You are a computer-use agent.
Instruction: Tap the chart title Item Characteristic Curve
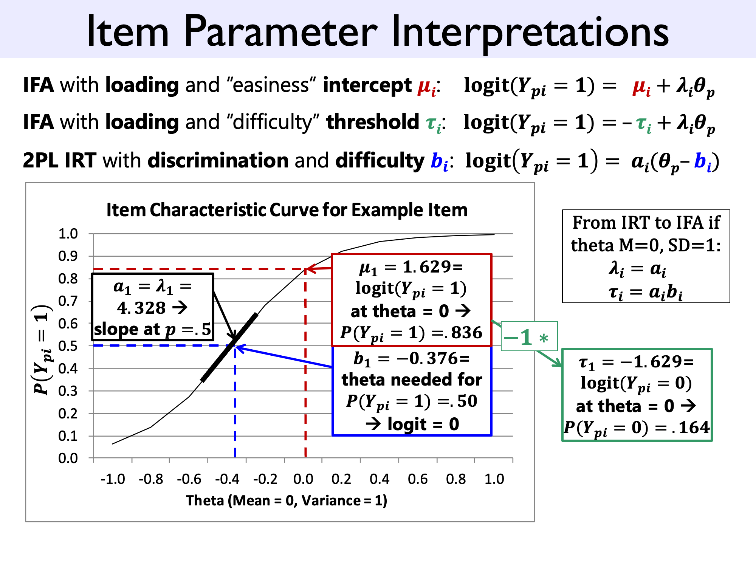coord(287,210)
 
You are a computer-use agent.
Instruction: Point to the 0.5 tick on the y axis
coord(68,346)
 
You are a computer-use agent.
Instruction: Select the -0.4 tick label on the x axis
coord(227,479)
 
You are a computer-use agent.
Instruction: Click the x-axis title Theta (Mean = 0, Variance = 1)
coord(287,500)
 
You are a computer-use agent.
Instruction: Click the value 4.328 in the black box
coord(141,308)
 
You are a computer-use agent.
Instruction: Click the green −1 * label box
coord(529,336)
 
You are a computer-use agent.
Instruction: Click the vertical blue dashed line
coord(235,408)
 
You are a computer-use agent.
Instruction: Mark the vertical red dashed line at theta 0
coord(305,378)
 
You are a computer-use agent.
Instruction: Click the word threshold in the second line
coord(373,122)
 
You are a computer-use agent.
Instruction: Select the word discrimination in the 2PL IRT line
coord(218,160)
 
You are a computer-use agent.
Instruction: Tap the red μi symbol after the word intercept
coord(427,86)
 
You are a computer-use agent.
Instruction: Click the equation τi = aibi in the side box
coord(646,292)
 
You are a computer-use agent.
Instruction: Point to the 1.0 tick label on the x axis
coord(494,479)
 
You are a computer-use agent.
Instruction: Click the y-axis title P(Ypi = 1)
coord(42,350)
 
